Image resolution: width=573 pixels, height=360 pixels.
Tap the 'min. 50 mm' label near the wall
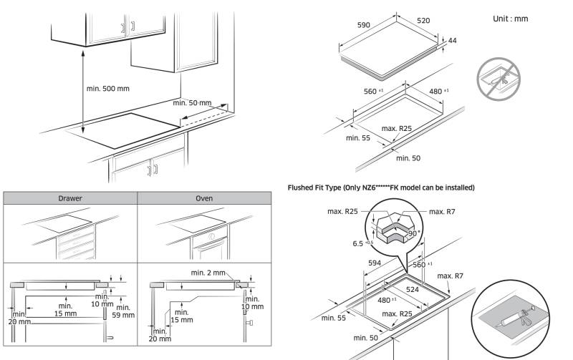click(192, 103)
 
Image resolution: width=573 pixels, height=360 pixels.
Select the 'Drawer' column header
click(69, 198)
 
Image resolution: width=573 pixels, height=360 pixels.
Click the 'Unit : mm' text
click(510, 18)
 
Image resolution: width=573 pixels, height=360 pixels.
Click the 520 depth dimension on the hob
click(423, 21)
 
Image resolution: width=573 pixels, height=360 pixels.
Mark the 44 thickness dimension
click(452, 41)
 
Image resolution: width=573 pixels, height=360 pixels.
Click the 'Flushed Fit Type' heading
click(380, 188)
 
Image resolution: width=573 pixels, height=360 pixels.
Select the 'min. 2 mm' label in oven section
click(208, 272)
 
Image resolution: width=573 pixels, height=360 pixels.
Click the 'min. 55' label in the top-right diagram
click(358, 137)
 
